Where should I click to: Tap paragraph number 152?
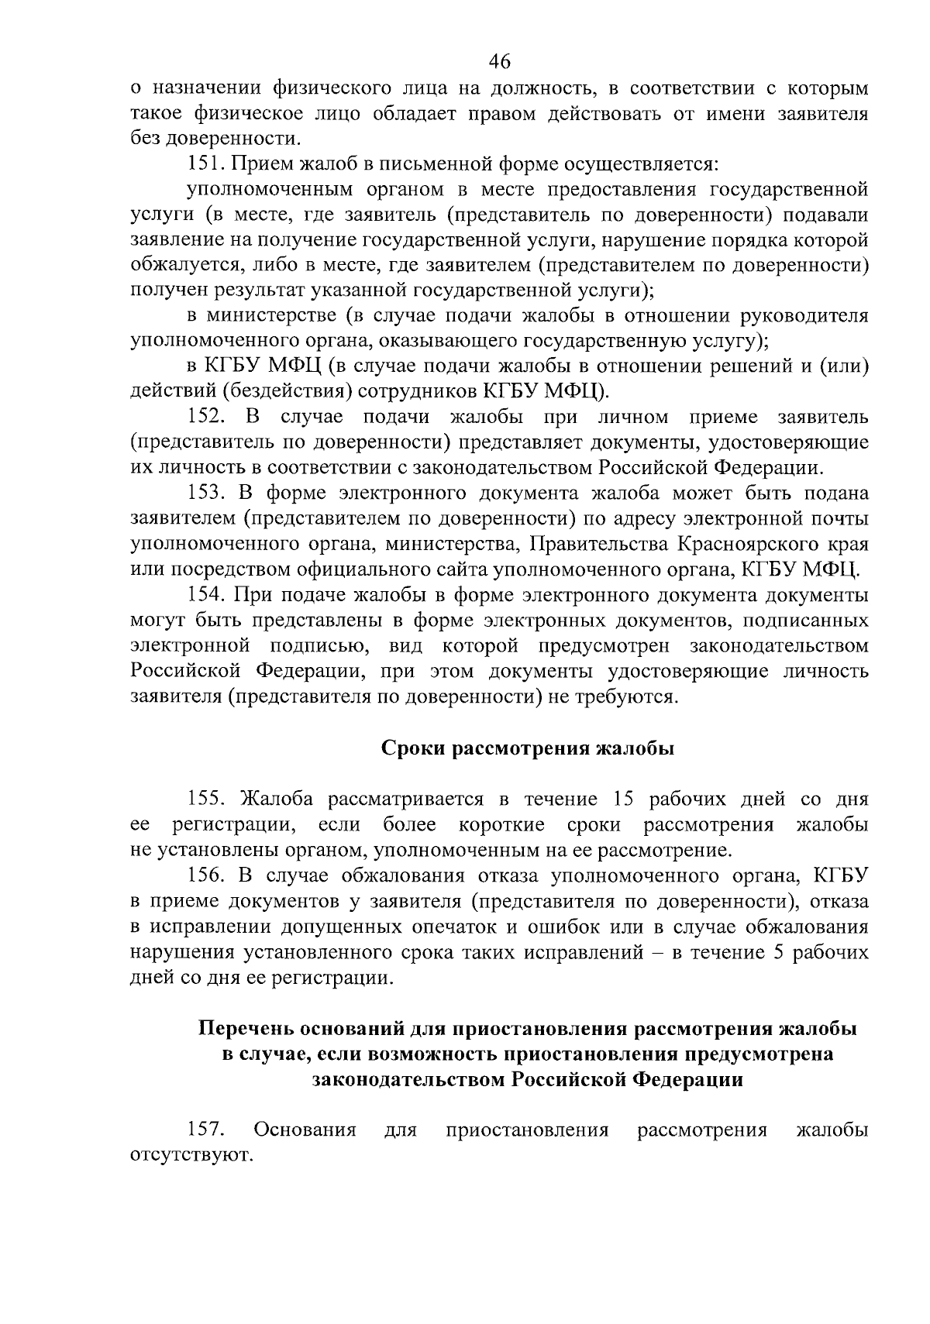tap(206, 418)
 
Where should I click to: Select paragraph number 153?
tap(206, 493)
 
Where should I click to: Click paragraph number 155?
tap(206, 799)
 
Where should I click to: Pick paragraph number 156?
tap(206, 875)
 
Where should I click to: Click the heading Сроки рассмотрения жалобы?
tap(528, 748)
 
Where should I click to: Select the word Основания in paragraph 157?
tap(305, 1130)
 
